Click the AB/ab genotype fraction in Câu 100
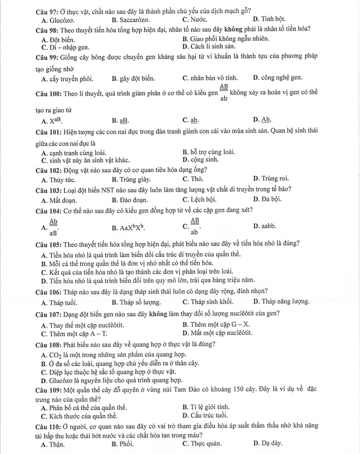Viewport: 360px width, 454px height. [x=224, y=92]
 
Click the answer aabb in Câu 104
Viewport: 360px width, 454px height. [x=268, y=226]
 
